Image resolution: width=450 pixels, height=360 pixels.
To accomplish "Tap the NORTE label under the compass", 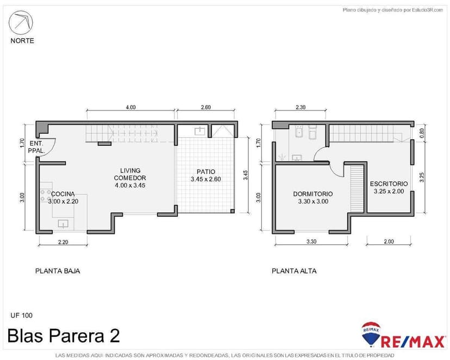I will (x=22, y=40).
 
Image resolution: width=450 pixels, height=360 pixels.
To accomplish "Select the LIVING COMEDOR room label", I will (x=130, y=178).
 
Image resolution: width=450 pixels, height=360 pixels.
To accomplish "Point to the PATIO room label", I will (x=206, y=175).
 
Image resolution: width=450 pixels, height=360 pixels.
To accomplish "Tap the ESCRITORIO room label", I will (x=389, y=188).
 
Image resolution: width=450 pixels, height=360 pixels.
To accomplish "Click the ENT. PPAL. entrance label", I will (x=36, y=147).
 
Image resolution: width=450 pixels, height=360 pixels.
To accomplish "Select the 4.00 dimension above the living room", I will (x=130, y=108).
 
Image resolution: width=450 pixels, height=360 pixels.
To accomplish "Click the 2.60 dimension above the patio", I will (x=206, y=108).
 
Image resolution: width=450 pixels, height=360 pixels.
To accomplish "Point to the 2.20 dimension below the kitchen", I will (x=62, y=243).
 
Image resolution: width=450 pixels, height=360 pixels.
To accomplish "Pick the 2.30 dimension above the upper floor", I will (x=301, y=108).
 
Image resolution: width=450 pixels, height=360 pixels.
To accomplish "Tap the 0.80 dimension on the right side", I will (x=422, y=131).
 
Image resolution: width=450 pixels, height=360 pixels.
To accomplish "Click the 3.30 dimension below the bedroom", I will (x=311, y=241).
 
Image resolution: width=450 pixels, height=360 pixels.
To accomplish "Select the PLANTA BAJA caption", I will (x=58, y=271).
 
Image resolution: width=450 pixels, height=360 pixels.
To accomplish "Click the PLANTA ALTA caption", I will (x=294, y=271).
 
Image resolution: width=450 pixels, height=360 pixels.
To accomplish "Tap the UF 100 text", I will (x=22, y=315).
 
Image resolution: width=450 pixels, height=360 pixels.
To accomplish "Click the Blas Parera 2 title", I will (x=64, y=336).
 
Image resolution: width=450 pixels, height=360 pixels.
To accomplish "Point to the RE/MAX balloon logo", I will (x=371, y=334).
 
